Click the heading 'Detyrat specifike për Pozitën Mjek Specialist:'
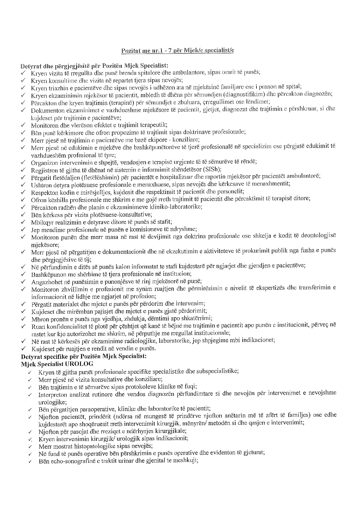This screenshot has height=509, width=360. click(x=84, y=356)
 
